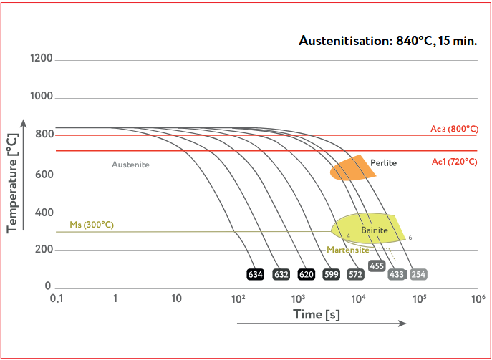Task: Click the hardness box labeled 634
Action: pyautogui.click(x=255, y=274)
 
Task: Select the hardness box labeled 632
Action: pyautogui.click(x=281, y=274)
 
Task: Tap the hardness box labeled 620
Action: pyautogui.click(x=307, y=274)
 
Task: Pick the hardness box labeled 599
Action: pyautogui.click(x=331, y=274)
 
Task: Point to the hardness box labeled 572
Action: pyautogui.click(x=355, y=274)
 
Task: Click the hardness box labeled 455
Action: pyautogui.click(x=377, y=266)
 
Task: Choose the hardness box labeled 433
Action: pyautogui.click(x=396, y=274)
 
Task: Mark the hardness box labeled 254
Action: pyautogui.click(x=419, y=274)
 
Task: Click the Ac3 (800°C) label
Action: pyautogui.click(x=454, y=129)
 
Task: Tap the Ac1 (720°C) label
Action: pyautogui.click(x=454, y=162)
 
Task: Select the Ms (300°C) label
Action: pyautogui.click(x=91, y=225)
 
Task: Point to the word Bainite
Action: pyautogui.click(x=374, y=230)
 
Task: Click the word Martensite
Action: pyautogui.click(x=347, y=250)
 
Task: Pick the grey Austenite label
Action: pyautogui.click(x=130, y=165)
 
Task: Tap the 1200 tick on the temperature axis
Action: pyautogui.click(x=42, y=58)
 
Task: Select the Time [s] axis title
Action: pyautogui.click(x=316, y=314)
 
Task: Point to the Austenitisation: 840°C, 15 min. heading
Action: pyautogui.click(x=387, y=40)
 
